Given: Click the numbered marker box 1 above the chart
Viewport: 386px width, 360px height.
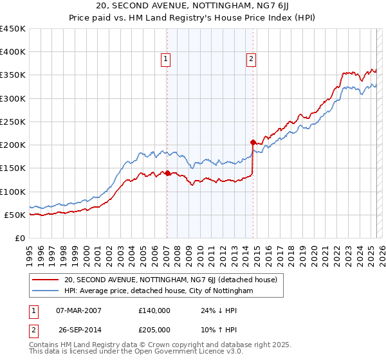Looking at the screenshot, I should tap(165, 60).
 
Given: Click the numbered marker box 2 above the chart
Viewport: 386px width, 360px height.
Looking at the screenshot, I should tap(250, 60).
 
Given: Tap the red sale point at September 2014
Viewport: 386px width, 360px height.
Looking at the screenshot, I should tap(253, 142).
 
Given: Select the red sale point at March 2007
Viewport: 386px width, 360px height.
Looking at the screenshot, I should tap(167, 172).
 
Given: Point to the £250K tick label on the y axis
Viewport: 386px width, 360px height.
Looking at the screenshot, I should tap(13, 122).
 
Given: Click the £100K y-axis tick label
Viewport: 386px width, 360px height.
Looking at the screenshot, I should tap(13, 192).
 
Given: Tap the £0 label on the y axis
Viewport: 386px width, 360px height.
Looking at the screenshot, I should tap(19, 238).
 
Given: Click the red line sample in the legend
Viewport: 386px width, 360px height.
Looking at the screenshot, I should tap(46, 280).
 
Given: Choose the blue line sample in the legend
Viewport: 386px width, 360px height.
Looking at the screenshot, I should tap(46, 291).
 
